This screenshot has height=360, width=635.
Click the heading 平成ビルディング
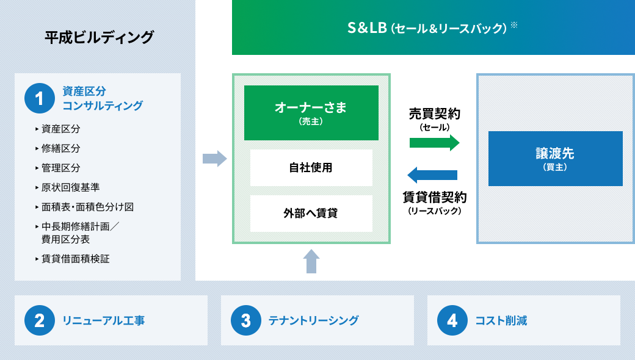click(x=100, y=37)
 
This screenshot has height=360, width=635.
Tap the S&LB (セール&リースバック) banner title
click(x=427, y=28)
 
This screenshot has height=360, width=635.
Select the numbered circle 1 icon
click(x=40, y=98)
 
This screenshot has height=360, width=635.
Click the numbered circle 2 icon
click(x=40, y=320)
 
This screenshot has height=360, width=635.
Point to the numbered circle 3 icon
click(x=246, y=320)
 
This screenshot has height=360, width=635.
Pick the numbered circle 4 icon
click(x=452, y=320)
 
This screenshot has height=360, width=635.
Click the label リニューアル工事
click(x=104, y=320)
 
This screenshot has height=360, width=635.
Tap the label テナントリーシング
click(x=314, y=320)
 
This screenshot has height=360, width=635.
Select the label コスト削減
click(x=501, y=320)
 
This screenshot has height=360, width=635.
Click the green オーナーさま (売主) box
click(x=311, y=113)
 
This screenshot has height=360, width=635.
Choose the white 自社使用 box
click(x=311, y=167)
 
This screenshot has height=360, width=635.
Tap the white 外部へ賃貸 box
click(x=311, y=214)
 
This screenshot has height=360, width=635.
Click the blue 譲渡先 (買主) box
click(x=555, y=158)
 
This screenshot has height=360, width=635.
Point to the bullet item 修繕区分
click(x=60, y=148)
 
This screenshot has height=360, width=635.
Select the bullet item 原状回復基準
click(x=70, y=187)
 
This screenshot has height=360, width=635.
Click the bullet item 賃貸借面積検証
click(x=75, y=259)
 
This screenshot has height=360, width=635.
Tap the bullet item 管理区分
click(x=60, y=168)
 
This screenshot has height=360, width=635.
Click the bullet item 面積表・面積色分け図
click(x=87, y=207)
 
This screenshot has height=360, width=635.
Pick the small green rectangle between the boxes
click(x=434, y=143)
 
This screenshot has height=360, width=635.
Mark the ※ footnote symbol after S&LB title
click(x=514, y=25)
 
